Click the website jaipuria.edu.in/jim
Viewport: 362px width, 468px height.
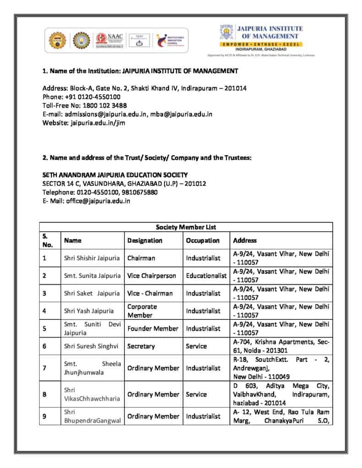97,122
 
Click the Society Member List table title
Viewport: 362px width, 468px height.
186,227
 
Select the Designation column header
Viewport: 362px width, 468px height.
145,240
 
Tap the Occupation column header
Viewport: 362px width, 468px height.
203,240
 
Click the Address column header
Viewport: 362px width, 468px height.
245,240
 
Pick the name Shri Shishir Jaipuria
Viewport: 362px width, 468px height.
92,258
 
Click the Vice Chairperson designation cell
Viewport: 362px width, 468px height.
151,276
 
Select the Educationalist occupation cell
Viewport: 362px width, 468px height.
206,276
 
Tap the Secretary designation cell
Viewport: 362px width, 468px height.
141,346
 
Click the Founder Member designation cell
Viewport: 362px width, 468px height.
152,329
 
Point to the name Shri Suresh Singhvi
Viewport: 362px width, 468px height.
91,346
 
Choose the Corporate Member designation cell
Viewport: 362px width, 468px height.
142,311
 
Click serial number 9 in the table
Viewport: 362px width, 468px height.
44,416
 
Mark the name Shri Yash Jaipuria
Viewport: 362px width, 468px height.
89,311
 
